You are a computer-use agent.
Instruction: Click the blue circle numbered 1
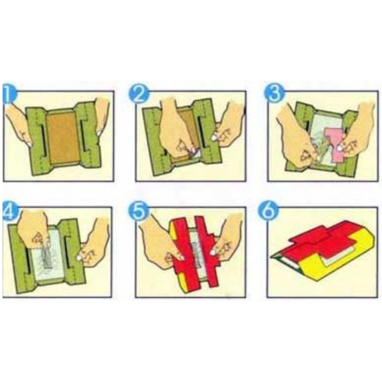9,94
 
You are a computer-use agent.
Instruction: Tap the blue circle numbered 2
139,94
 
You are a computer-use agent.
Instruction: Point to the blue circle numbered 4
10,211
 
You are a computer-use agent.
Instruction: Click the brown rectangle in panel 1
64,137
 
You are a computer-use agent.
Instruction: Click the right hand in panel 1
102,117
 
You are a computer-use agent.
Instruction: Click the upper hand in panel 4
34,228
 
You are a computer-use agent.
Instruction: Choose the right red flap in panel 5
207,251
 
